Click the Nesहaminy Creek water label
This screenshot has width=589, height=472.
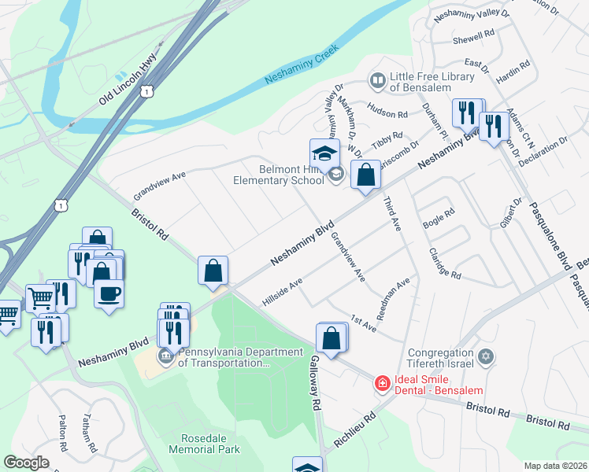click(301, 65)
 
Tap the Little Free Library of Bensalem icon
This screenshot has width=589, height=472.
click(378, 80)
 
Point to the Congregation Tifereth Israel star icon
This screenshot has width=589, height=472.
click(485, 356)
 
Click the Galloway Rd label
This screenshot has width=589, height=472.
click(315, 382)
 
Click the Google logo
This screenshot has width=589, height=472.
click(27, 463)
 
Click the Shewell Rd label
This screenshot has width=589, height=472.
click(472, 34)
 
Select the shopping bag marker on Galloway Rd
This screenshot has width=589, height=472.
click(332, 338)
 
